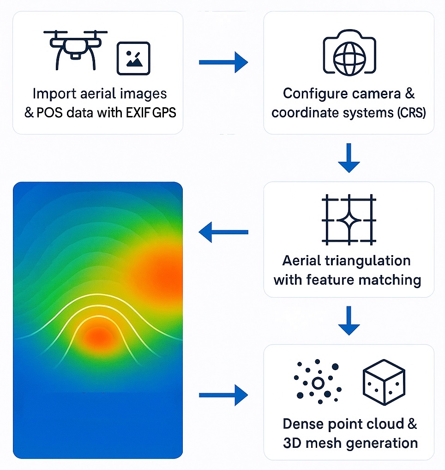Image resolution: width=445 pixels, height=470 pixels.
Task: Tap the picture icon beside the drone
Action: [x=133, y=58]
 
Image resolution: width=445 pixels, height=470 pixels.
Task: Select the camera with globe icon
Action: [x=349, y=54]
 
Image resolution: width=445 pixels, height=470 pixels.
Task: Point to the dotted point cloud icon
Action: [x=318, y=382]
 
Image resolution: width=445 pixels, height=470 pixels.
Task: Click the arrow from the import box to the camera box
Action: [x=223, y=62]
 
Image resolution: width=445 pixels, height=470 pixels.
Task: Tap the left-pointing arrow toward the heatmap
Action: [x=223, y=232]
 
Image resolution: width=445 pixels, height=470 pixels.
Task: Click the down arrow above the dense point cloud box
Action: [x=349, y=321]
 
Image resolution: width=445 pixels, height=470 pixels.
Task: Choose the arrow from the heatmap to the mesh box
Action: [x=223, y=395]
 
